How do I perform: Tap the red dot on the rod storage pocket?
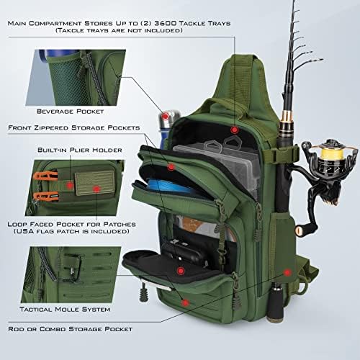coord(287,273)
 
